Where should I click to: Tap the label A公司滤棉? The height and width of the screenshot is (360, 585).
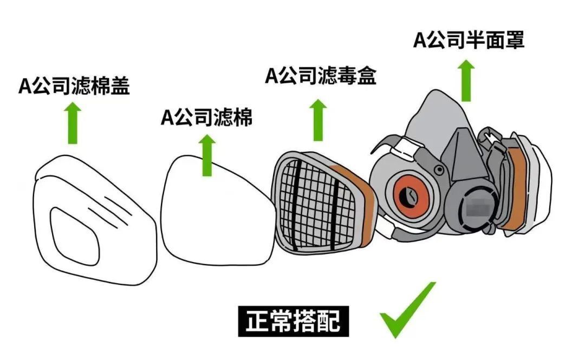click(x=207, y=117)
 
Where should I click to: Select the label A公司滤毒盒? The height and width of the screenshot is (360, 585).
click(x=320, y=76)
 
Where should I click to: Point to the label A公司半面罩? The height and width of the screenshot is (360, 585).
click(x=469, y=41)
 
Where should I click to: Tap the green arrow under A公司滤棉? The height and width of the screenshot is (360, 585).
click(x=207, y=155)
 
